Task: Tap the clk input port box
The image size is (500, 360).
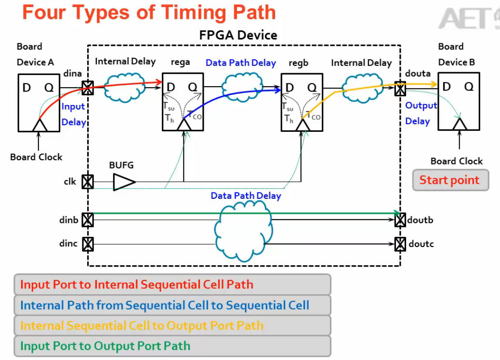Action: pos(87,182)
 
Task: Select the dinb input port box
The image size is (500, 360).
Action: pos(87,219)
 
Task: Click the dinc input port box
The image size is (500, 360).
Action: pos(87,244)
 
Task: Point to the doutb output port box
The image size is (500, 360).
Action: pos(400,220)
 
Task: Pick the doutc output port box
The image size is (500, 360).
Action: pos(400,244)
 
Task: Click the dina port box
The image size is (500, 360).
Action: pos(87,88)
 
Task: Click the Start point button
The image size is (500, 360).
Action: pos(450,180)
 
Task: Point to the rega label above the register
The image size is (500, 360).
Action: pos(180,62)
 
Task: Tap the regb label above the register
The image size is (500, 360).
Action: pos(299,63)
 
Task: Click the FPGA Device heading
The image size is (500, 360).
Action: pos(238,35)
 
